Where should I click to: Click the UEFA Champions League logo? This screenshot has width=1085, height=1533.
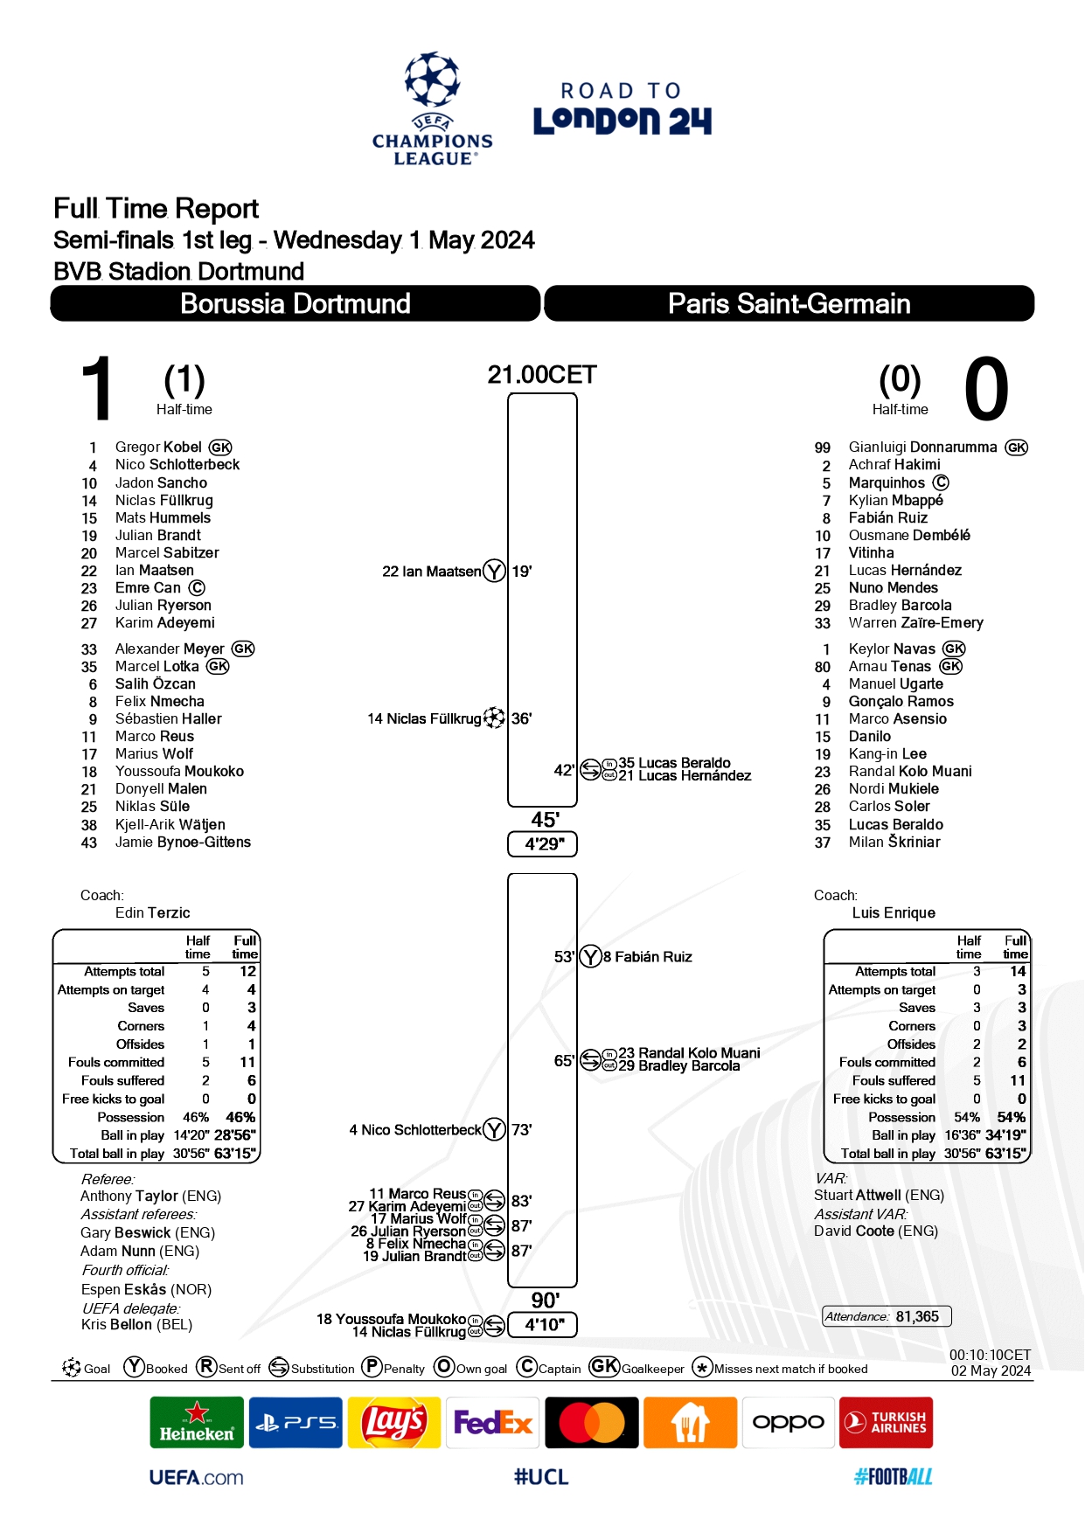432,109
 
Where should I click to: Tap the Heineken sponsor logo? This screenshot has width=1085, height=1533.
197,1423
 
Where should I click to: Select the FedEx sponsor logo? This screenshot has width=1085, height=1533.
493,1423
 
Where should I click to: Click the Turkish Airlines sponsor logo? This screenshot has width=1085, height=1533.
886,1423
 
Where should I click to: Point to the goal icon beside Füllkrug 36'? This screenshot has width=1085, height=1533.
494,718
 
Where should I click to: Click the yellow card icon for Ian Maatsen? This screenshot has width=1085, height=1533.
494,572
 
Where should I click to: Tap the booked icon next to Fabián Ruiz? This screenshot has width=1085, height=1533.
591,957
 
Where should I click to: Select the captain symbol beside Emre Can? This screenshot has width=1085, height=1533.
198,588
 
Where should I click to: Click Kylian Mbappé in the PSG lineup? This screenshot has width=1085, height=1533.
895,500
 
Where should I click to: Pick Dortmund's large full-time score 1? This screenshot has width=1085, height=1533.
97,389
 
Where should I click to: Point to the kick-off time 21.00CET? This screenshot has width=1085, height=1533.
542,375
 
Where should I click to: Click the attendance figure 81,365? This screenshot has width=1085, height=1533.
917,1316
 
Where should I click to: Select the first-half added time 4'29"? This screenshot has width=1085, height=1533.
543,844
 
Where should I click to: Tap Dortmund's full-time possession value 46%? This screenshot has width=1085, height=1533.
240,1117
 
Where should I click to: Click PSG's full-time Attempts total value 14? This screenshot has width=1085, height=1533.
1018,971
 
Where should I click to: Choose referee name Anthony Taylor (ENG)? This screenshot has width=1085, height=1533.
150,1196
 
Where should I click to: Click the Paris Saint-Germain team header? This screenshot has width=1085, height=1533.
789,303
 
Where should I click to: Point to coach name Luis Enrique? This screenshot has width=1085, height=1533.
894,912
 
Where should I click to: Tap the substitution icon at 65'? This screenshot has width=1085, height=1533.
591,1060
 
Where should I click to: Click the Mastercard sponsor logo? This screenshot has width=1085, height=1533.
592,1423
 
